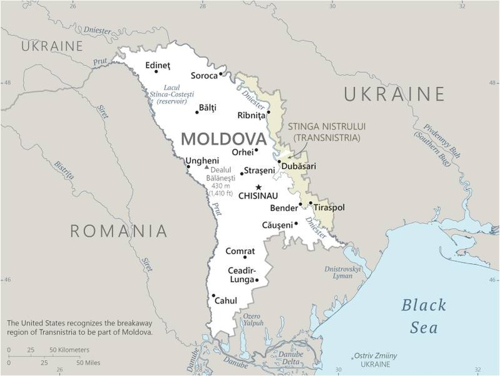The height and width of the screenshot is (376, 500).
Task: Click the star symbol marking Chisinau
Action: coord(258,187)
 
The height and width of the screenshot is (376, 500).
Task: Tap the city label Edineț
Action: coord(157,65)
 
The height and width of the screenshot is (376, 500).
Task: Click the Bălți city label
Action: coord(207,108)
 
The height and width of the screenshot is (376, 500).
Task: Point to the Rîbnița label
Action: coord(252,115)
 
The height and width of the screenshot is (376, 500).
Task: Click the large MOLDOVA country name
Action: coord(223,138)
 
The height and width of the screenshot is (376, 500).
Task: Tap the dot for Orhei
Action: coord(257,150)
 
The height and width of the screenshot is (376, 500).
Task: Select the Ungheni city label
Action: coord(202,160)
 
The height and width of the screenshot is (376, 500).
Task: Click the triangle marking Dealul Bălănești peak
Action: coord(207,167)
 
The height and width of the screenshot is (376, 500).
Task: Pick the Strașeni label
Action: coord(259,170)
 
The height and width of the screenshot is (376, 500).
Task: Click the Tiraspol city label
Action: coord(329,207)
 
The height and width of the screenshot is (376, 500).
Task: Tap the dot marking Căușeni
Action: coord(296,223)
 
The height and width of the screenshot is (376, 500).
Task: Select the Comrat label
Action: coord(240,251)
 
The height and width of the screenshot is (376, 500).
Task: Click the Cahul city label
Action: coord(226,301)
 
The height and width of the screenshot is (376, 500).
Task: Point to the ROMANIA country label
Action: coord(118,231)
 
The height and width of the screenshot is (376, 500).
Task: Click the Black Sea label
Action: coord(424,316)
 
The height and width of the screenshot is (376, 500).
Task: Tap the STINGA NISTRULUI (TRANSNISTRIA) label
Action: coord(327,132)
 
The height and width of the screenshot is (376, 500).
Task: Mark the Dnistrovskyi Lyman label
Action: coord(343,272)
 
